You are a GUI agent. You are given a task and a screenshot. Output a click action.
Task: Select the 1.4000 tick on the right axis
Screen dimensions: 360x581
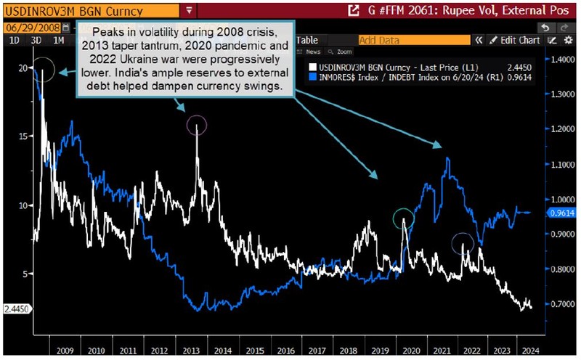pyautogui.click(x=560, y=60)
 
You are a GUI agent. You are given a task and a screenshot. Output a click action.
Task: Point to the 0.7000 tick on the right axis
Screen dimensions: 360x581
pyautogui.click(x=560, y=303)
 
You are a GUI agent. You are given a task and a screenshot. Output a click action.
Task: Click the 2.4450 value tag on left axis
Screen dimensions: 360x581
pyautogui.click(x=16, y=308)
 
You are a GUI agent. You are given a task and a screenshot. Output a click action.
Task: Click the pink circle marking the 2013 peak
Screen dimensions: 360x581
pyautogui.click(x=197, y=126)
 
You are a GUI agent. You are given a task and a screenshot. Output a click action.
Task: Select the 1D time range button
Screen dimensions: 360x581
pyautogui.click(x=14, y=41)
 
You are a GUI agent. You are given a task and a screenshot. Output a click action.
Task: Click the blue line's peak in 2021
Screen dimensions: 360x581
pyautogui.click(x=447, y=158)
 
